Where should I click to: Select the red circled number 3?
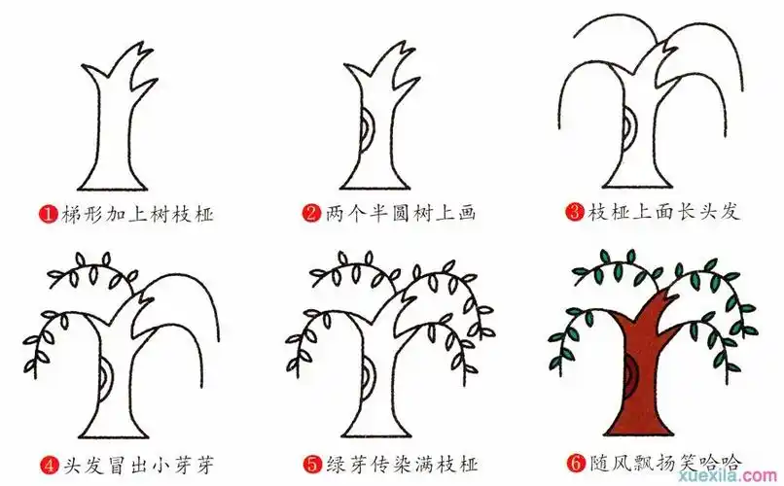pos(575,212)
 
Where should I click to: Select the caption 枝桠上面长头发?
pos(663,212)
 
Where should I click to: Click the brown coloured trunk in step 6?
pos(647,389)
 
